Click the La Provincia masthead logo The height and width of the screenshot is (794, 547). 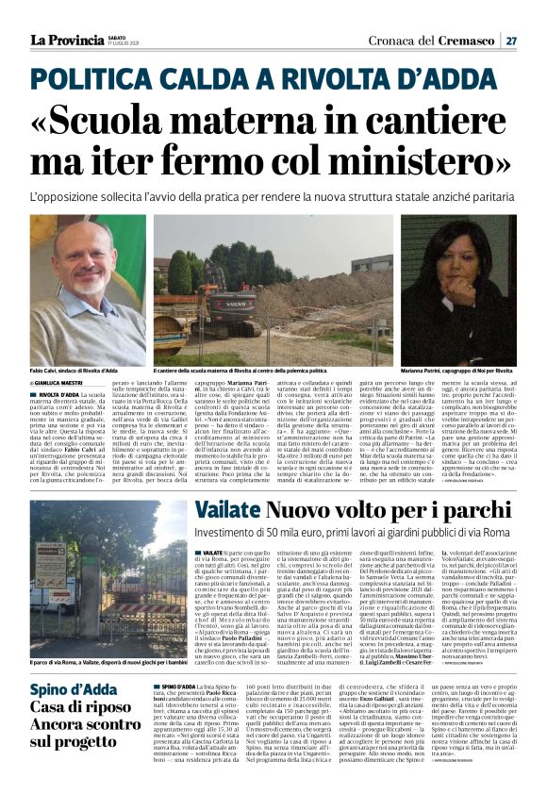pos(65,40)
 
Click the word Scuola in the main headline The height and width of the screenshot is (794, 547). pos(141,113)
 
